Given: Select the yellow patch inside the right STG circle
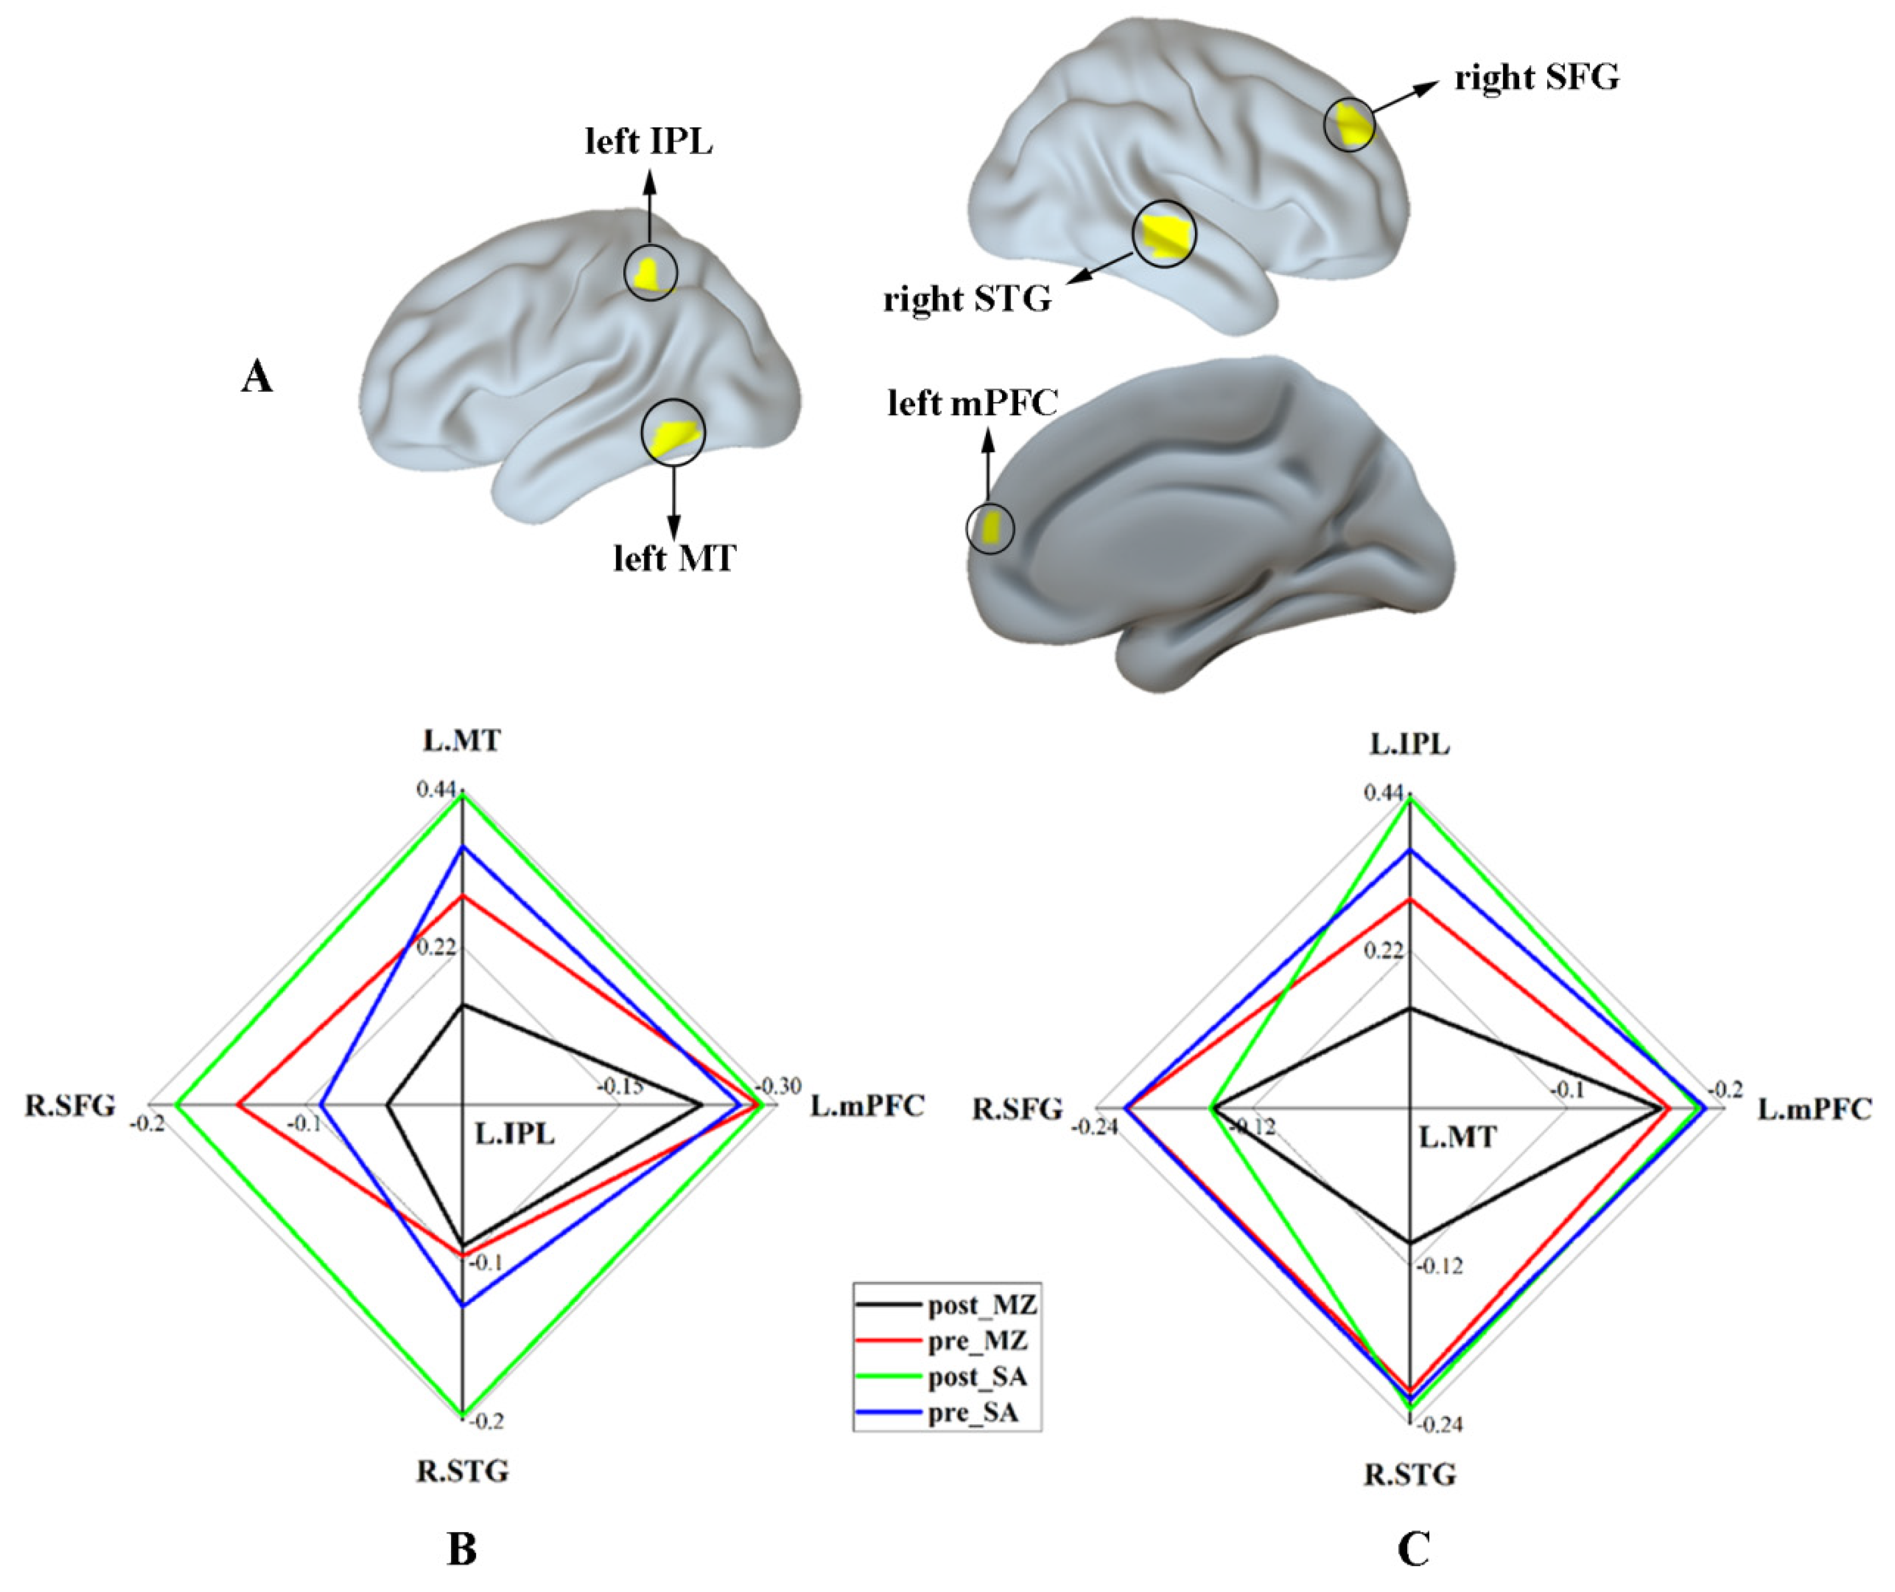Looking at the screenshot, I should [1161, 235].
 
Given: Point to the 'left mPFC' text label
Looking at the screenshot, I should [972, 404].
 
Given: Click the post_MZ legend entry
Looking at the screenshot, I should [981, 1305].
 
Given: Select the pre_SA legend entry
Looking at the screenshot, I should [973, 1413].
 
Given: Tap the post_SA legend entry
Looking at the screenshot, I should [977, 1377].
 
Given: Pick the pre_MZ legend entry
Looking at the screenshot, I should [977, 1341].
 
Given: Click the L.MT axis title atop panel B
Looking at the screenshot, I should [462, 741].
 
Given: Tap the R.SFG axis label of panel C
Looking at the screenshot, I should [1017, 1108].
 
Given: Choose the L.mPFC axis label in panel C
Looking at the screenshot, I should [1814, 1108].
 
